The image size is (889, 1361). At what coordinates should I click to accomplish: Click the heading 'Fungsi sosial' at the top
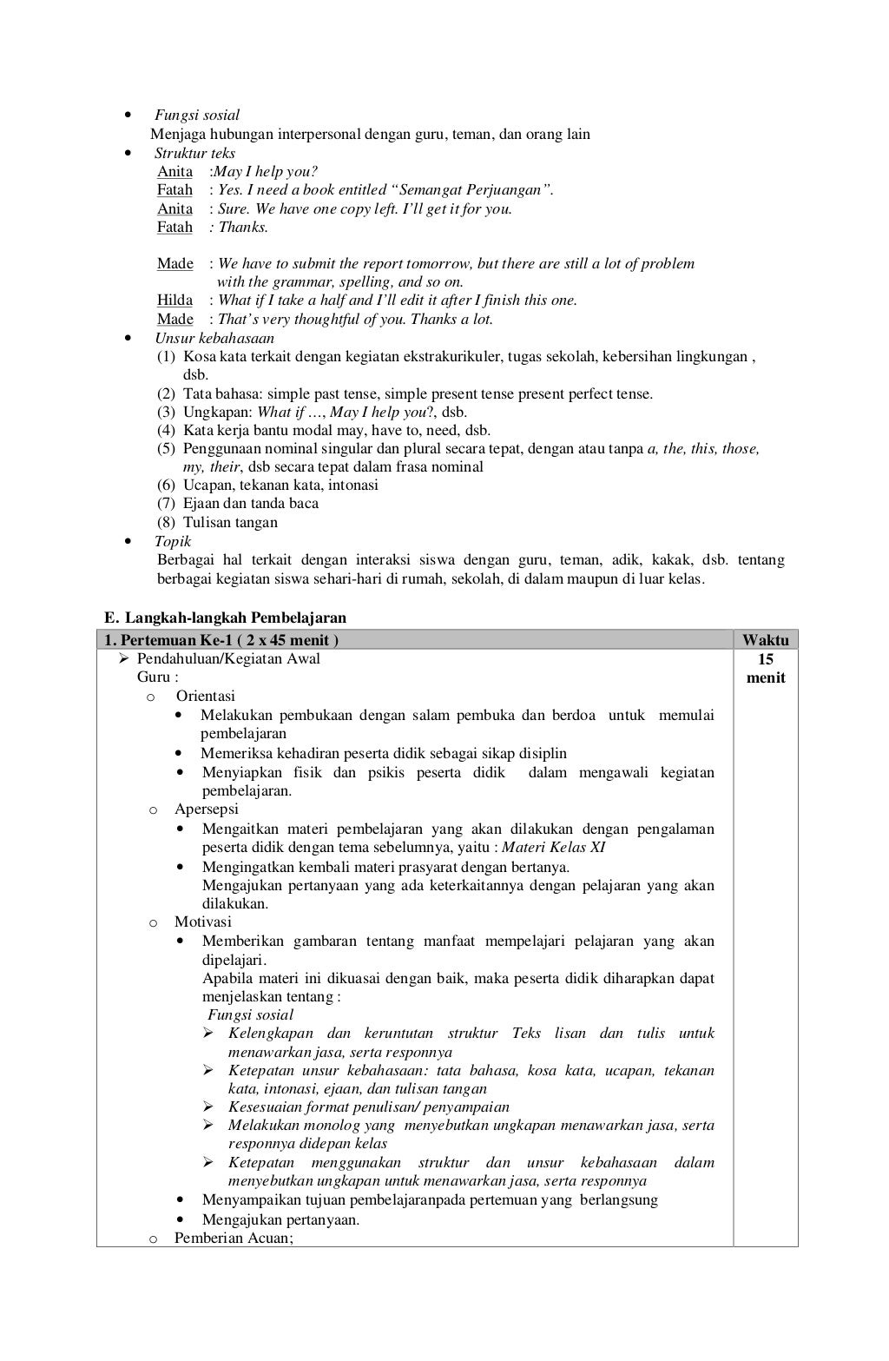197,115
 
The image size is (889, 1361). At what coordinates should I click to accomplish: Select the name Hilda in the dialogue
175,300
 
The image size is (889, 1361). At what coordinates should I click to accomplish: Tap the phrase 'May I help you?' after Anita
266,171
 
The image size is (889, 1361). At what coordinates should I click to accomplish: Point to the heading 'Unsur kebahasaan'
214,338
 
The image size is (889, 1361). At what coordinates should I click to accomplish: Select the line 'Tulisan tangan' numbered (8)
230,522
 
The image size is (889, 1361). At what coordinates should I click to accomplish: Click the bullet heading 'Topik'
173,541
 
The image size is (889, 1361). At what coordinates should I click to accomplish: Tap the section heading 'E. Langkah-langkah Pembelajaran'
225,618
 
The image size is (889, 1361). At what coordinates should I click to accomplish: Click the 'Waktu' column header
766,640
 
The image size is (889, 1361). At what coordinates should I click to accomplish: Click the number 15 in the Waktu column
766,659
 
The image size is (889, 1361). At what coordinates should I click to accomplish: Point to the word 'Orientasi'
206,696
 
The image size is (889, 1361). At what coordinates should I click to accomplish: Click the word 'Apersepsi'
207,809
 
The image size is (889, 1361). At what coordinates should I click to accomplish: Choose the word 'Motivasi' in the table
203,922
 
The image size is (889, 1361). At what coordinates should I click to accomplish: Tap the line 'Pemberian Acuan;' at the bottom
234,1238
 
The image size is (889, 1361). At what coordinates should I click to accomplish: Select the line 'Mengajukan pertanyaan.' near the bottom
280,1219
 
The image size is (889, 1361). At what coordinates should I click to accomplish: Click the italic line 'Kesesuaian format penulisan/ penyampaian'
369,1107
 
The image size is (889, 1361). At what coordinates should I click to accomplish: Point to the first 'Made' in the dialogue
175,263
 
